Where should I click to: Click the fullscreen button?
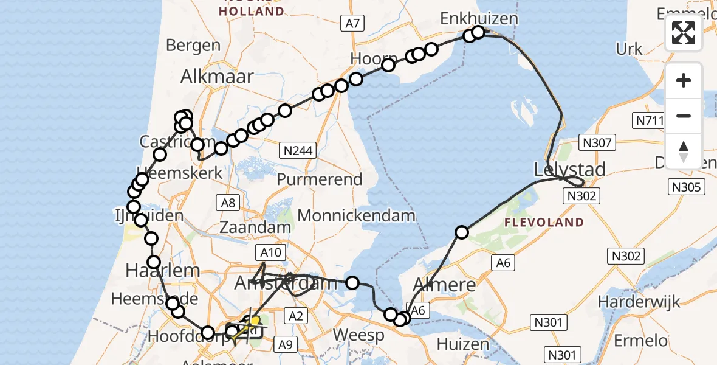pyautogui.click(x=684, y=33)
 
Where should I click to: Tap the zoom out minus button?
pyautogui.click(x=684, y=116)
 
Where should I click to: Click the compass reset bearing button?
pyautogui.click(x=684, y=151)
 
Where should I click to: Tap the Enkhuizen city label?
pyautogui.click(x=479, y=18)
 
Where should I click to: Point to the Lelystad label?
pyautogui.click(x=569, y=169)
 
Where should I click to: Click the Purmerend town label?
pyautogui.click(x=328, y=179)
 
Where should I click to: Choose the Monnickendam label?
pyautogui.click(x=357, y=215)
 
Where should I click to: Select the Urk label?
pyautogui.click(x=629, y=49)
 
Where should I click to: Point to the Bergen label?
pyautogui.click(x=193, y=45)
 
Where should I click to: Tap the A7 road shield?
pyautogui.click(x=352, y=24)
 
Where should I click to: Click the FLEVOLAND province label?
pyautogui.click(x=544, y=223)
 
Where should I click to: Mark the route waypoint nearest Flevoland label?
pyautogui.click(x=462, y=232)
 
